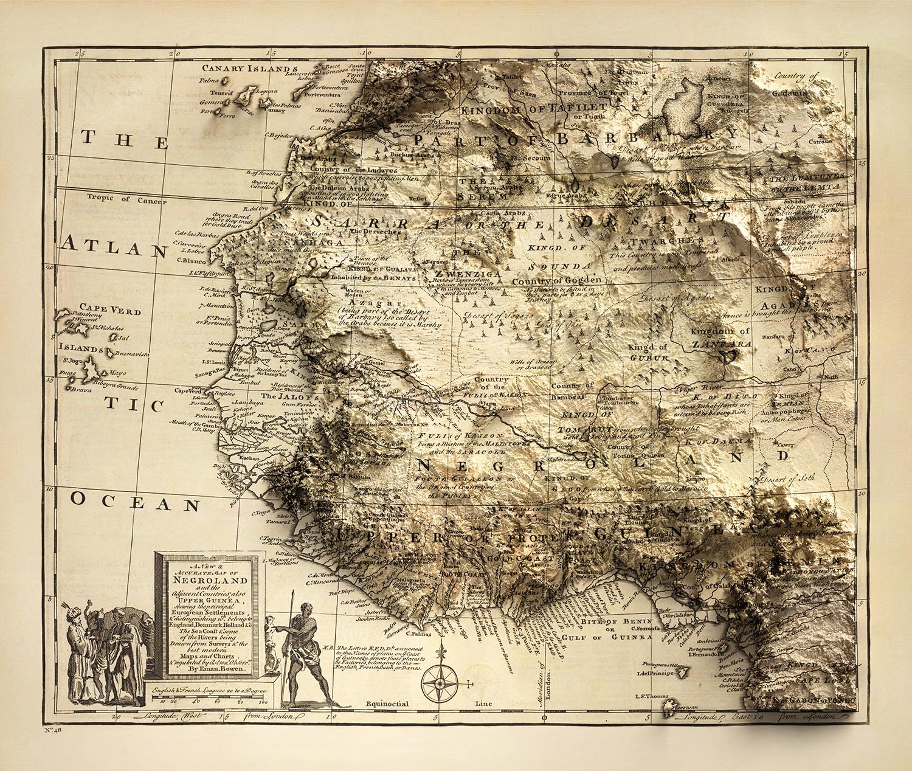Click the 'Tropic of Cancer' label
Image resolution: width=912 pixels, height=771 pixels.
[x=117, y=197]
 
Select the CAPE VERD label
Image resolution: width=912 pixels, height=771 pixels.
[x=110, y=311]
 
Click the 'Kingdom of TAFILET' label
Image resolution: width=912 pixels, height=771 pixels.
[x=521, y=109]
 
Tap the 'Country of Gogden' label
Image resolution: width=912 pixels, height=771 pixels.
[x=556, y=281]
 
